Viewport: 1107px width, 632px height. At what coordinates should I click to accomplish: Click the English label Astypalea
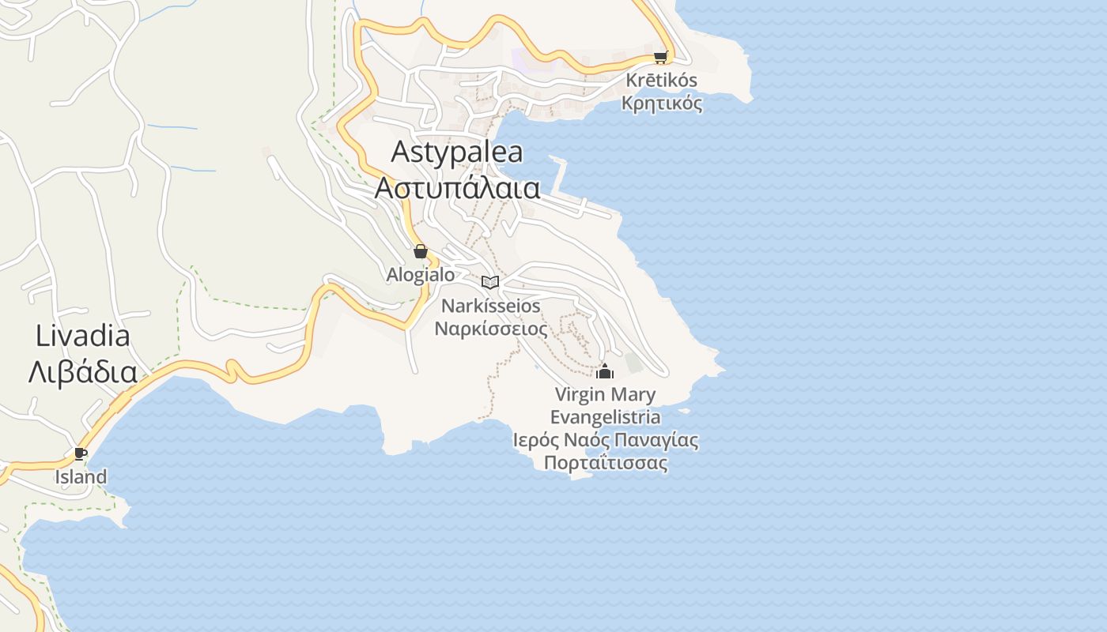click(457, 151)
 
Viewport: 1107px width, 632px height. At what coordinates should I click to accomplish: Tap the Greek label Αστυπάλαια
click(457, 188)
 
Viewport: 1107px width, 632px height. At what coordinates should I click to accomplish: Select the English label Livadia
click(82, 336)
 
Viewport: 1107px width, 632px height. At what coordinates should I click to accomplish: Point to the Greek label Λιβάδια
click(82, 372)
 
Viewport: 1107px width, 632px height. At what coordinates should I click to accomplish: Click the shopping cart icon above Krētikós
click(660, 57)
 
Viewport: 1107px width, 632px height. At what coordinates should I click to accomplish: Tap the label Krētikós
click(662, 80)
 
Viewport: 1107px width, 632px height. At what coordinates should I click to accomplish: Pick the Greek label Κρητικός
click(662, 103)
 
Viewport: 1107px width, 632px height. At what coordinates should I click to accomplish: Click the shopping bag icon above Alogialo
click(421, 252)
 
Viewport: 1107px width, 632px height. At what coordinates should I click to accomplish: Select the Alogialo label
click(421, 275)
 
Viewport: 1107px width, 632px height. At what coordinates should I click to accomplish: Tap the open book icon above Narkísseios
click(490, 282)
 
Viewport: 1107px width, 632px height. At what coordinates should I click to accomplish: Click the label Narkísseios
click(490, 306)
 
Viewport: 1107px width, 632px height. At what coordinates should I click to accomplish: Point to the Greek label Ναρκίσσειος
click(490, 328)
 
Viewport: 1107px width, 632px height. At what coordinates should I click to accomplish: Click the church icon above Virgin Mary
click(605, 371)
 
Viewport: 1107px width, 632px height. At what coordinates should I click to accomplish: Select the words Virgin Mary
click(605, 394)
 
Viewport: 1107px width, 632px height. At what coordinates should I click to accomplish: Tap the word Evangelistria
click(605, 417)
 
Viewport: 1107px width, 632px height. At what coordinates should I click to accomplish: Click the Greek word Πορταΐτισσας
click(605, 463)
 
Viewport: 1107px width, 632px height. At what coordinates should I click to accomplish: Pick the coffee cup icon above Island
click(80, 453)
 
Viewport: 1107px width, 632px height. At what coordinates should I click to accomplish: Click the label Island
click(81, 477)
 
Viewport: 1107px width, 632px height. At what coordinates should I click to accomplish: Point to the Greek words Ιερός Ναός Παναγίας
click(605, 440)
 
